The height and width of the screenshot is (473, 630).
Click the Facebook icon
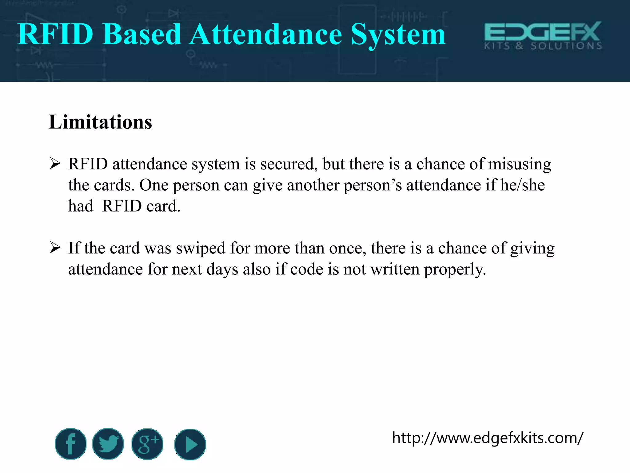click(x=70, y=444)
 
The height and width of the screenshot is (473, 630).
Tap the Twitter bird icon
click(x=108, y=444)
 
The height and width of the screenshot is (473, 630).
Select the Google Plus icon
click(x=147, y=444)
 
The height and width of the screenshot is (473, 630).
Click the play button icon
click(x=190, y=444)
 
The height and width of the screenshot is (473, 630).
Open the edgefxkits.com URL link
click(x=487, y=438)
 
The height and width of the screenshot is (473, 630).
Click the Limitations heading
click(x=100, y=122)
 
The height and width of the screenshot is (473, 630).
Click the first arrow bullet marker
click(x=55, y=164)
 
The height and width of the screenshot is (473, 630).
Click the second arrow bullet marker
click(x=55, y=248)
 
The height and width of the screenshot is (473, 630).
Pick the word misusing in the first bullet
click(x=520, y=164)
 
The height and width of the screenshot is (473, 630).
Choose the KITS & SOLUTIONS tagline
click(x=543, y=46)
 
